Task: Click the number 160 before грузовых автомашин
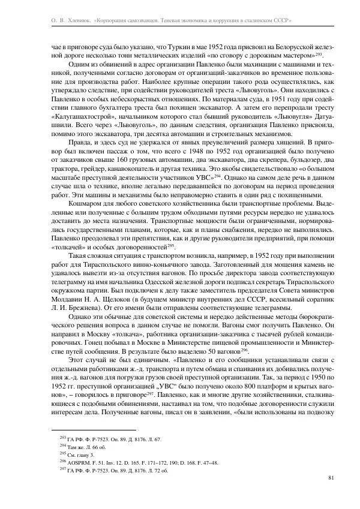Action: [107, 160]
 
